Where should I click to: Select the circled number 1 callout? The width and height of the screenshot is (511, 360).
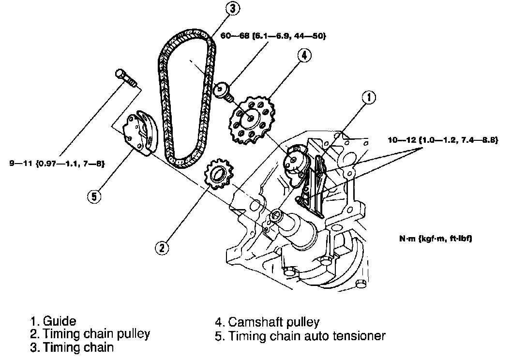[369, 98]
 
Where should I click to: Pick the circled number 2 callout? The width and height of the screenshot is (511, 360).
[162, 248]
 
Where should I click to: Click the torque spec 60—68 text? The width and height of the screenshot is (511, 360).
[273, 36]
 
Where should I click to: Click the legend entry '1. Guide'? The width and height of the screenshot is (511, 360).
[53, 321]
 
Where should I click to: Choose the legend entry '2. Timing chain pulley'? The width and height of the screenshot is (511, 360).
[90, 334]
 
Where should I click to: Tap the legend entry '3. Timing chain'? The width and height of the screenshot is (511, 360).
[72, 347]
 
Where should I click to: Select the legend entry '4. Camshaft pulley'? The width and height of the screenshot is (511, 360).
[267, 322]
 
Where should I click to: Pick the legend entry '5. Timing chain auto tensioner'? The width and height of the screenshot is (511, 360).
[300, 335]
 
